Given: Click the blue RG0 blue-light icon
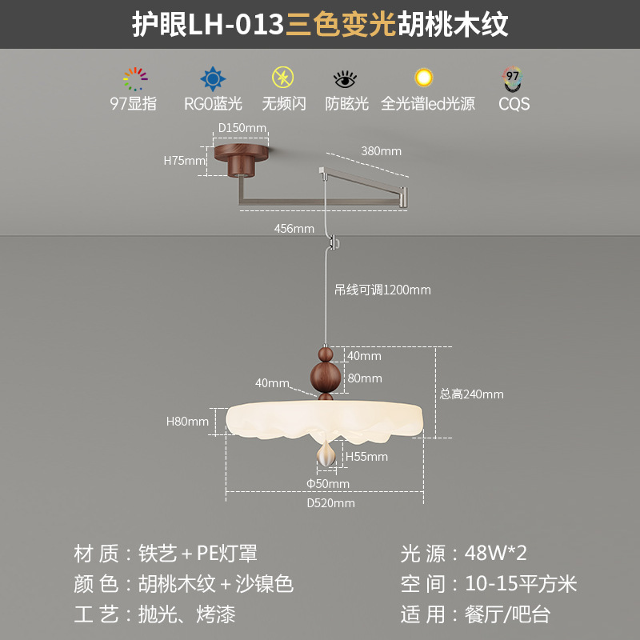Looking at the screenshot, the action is coord(212,79).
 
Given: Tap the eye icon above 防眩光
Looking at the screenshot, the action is coord(346,79).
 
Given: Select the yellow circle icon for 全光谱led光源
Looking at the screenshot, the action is coord(423,78).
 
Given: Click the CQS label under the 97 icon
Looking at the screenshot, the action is coord(514,103).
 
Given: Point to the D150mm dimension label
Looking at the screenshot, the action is coord(242,128).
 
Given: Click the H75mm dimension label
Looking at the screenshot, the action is coord(185,160).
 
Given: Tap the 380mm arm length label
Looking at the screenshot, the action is coord(381,150).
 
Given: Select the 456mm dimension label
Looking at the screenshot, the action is coord(294,229).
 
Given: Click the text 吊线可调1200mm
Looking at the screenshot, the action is coord(382,290).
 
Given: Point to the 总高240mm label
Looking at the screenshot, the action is coord(472,394).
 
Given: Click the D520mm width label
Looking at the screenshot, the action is coord(331,503).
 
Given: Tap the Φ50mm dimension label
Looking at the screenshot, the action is coord(328,483).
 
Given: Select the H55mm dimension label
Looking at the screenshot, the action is coord(366,457).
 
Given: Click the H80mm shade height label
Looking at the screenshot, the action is coord(187,422).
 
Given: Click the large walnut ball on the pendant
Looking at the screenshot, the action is coord(326,376).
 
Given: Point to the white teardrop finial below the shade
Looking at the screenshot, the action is coord(326,454).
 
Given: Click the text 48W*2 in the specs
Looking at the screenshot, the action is coord(496,553).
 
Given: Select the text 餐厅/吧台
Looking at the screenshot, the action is coord(507,614).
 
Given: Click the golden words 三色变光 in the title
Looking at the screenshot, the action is coord(341,25).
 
